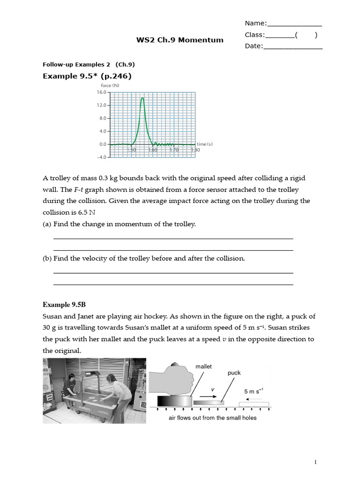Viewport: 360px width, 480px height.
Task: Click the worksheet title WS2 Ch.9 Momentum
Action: click(180, 40)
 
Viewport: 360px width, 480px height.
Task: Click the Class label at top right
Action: click(255, 35)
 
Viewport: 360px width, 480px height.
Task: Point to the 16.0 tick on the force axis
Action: click(102, 92)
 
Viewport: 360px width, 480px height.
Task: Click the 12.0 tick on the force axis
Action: click(102, 105)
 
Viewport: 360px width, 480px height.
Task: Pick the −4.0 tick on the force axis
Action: click(102, 157)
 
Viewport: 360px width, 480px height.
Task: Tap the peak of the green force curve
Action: click(142, 98)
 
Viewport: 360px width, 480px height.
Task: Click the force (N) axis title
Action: click(110, 85)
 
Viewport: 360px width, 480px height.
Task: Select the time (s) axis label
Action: click(204, 144)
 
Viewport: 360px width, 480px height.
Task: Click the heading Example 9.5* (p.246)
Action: click(87, 76)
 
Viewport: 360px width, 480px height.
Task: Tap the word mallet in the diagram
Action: click(204, 367)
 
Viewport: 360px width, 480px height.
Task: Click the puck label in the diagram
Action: click(234, 373)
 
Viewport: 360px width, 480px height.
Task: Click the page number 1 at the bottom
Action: click(315, 463)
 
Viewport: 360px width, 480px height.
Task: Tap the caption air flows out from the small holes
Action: click(212, 418)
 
